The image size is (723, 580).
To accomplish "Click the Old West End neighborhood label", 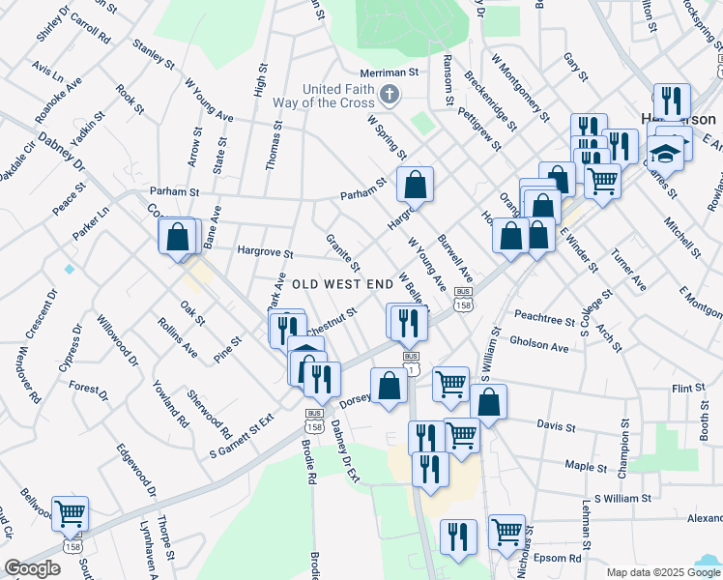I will [x=342, y=284].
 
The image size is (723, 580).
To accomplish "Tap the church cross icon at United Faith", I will [x=389, y=94].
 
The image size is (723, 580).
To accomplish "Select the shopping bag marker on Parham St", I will [x=415, y=183].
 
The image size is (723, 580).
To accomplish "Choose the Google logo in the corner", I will [x=32, y=568].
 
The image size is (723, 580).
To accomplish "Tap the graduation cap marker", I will [x=665, y=153].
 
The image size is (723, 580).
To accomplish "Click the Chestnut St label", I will [x=333, y=318].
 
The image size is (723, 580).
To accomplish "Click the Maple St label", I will [x=586, y=466].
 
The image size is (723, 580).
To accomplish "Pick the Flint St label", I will [x=688, y=388].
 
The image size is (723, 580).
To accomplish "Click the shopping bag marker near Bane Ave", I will [x=178, y=236].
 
